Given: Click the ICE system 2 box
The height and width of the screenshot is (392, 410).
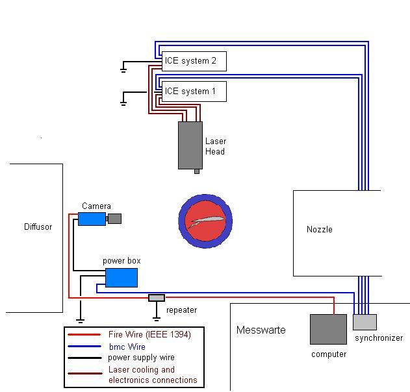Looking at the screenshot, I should [194, 62].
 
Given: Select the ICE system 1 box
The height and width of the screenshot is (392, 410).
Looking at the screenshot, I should [194, 92].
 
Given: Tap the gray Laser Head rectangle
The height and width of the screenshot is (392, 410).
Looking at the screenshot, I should [190, 145].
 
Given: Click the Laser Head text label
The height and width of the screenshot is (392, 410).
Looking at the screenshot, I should [215, 147].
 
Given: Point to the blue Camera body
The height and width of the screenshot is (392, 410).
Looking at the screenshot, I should [92, 219].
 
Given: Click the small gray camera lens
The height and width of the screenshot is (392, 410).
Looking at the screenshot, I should [114, 219].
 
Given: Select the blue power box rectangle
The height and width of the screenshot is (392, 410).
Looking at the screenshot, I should [122, 277].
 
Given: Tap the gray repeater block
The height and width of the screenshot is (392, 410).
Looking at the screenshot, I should [157, 298].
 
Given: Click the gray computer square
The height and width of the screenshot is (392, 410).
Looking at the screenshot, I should [328, 329].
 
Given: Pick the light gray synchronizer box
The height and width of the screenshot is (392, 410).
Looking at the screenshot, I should [365, 322].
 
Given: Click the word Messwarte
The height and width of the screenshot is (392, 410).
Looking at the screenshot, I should [261, 330].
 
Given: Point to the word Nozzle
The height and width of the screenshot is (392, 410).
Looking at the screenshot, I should [319, 230].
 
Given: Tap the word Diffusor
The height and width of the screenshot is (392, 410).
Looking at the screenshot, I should [38, 227].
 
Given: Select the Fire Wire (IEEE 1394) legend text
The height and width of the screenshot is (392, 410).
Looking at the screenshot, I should [149, 334].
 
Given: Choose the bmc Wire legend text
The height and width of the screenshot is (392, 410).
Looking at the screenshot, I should [127, 347].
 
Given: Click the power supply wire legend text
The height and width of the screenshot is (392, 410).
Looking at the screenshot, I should [141, 358].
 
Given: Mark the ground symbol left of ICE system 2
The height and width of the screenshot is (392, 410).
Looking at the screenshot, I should [123, 66].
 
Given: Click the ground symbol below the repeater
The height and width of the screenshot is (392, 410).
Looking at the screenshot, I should [156, 318].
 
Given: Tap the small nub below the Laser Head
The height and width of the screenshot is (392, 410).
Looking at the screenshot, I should [197, 171].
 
